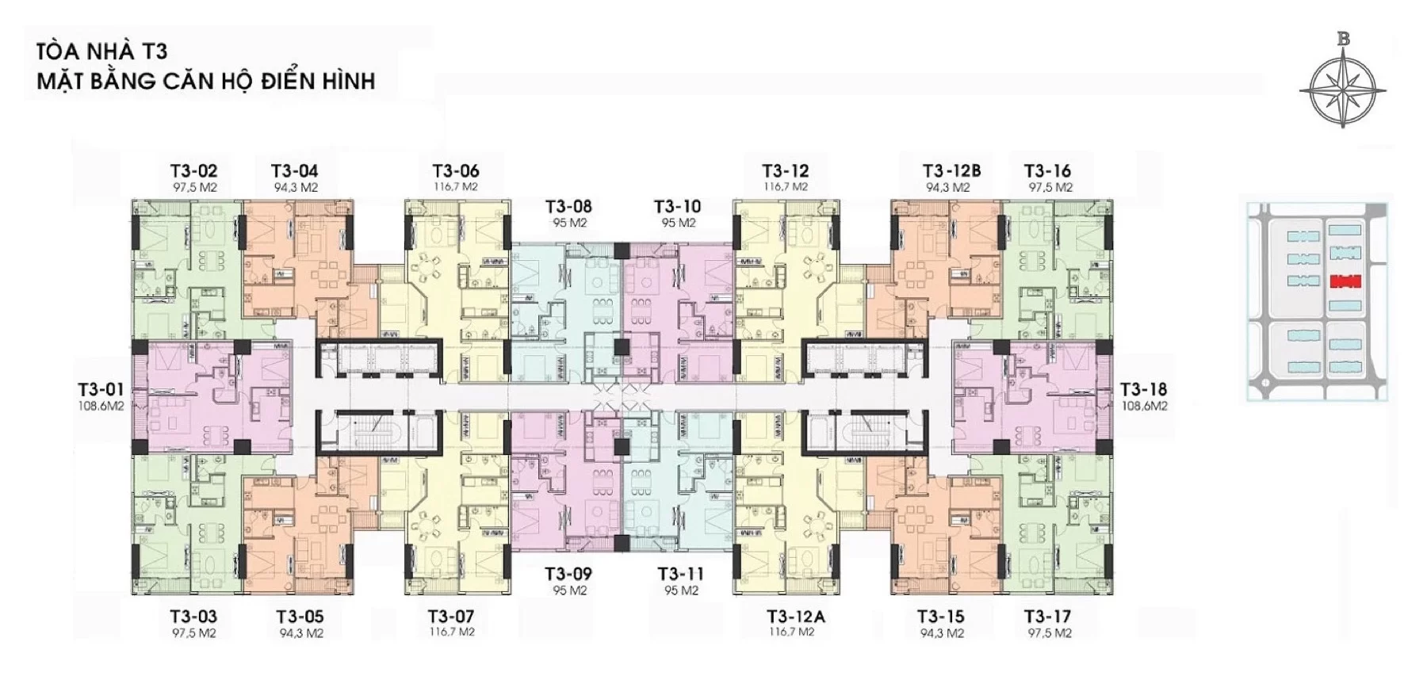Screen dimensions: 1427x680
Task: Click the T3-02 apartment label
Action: click(x=193, y=170)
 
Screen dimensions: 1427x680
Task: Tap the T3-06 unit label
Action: click(x=456, y=170)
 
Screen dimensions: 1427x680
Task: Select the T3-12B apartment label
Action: click(x=951, y=170)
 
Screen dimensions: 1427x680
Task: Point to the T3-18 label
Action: click(x=1143, y=389)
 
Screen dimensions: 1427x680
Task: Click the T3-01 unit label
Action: click(x=101, y=389)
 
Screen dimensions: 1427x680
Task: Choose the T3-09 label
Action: click(x=568, y=574)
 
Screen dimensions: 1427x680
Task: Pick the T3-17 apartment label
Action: click(x=1047, y=617)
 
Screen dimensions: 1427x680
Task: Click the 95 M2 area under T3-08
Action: click(x=570, y=223)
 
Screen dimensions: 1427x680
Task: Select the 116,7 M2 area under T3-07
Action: click(x=451, y=632)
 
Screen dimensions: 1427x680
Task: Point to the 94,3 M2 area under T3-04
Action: click(x=296, y=188)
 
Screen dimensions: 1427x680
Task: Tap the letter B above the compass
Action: click(x=1343, y=37)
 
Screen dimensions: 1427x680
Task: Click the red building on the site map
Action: click(x=1345, y=281)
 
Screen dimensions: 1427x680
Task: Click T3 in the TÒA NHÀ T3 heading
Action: click(x=155, y=52)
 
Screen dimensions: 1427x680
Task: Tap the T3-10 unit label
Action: click(x=678, y=206)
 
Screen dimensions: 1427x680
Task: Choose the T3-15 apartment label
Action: click(x=941, y=617)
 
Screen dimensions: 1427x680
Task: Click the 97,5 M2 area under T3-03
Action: click(x=194, y=633)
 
